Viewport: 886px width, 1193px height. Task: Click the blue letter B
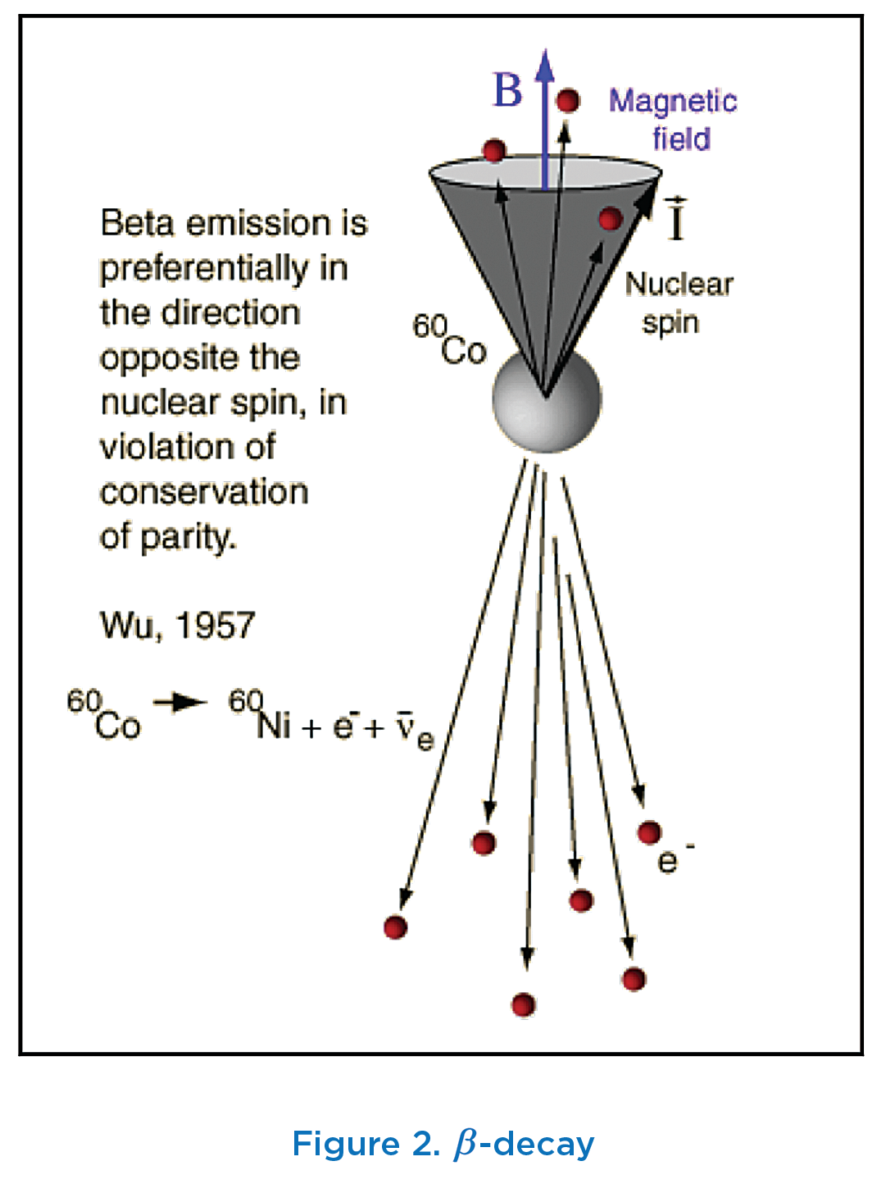click(x=507, y=89)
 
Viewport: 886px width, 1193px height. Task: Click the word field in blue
click(x=682, y=139)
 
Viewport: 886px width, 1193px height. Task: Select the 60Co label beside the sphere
click(x=449, y=340)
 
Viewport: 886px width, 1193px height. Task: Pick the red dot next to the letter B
click(x=568, y=101)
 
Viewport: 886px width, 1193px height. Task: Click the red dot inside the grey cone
click(x=611, y=219)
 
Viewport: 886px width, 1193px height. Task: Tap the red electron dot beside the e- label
click(x=649, y=833)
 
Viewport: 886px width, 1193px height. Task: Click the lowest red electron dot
click(x=524, y=1004)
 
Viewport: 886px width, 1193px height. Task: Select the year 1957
click(x=215, y=626)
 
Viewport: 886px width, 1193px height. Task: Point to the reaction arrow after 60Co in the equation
click(x=180, y=702)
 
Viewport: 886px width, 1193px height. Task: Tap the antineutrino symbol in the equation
click(x=413, y=730)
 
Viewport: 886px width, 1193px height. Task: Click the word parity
click(x=189, y=538)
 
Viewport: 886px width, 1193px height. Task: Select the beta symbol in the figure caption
click(x=466, y=1145)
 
